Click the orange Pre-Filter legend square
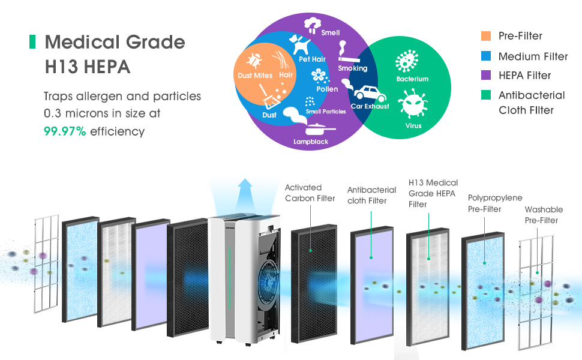(486, 35)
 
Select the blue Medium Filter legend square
(486, 56)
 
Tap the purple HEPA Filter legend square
(486, 76)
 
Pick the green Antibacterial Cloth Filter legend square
(486, 95)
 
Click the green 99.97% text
(65, 131)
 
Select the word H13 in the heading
(62, 67)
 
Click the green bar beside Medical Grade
(32, 41)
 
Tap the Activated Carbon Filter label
(310, 193)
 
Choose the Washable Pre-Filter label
(544, 215)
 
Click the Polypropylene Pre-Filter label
(495, 203)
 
